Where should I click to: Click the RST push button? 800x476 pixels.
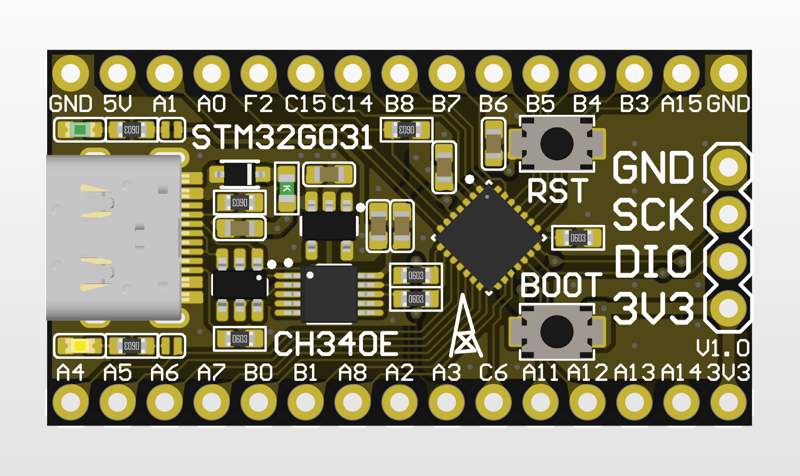point(557,144)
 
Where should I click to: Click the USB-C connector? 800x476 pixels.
point(114,238)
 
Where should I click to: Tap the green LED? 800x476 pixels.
point(79,129)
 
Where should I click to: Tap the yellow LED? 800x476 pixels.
point(79,346)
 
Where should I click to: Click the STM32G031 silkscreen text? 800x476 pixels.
point(282,138)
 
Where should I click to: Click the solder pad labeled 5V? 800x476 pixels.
point(117,74)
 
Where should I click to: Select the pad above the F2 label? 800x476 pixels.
point(258,74)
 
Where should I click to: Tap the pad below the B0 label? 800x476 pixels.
point(258,402)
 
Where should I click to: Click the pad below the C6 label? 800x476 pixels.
point(493,402)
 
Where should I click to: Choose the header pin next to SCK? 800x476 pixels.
point(728,213)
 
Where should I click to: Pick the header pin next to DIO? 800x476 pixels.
point(728,261)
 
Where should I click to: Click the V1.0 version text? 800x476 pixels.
point(723,348)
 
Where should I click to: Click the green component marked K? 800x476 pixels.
point(287,188)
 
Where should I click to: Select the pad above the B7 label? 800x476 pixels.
point(446,74)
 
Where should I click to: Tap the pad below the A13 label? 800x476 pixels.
point(634,402)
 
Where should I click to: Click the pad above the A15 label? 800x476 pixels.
point(681,74)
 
